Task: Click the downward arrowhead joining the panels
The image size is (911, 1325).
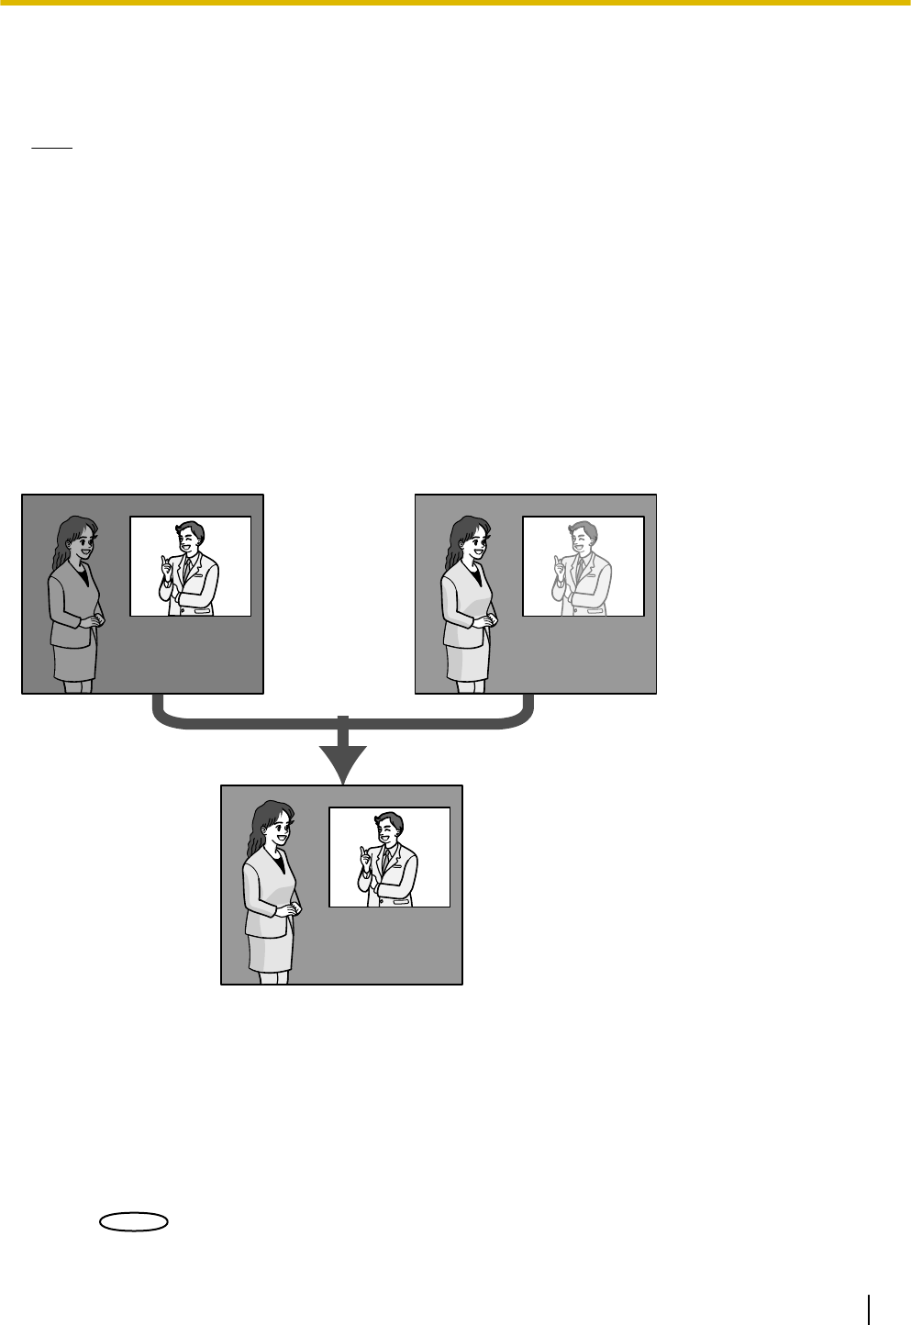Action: point(342,762)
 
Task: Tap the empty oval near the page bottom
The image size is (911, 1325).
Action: point(133,1220)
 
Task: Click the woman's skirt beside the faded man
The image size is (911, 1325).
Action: point(467,658)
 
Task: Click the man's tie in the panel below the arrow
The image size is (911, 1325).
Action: point(387,859)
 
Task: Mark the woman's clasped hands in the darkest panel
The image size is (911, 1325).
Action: point(93,621)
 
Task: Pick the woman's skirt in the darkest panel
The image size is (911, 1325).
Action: point(74,658)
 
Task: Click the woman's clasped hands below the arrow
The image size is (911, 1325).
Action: point(291,910)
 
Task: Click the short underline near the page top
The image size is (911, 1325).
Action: point(50,147)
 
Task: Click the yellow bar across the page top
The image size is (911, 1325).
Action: point(455,3)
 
